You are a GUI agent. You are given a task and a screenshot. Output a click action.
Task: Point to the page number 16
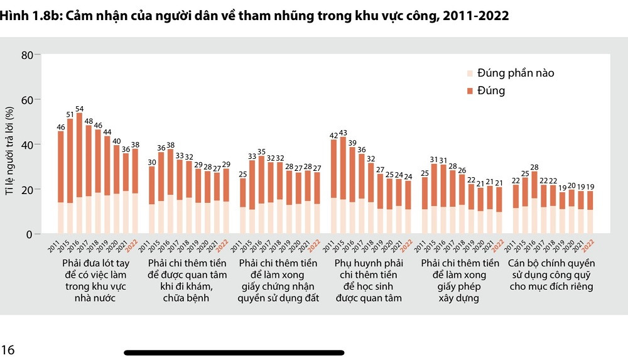(x=8, y=350)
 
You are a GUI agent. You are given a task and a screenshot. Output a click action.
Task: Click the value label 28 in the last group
(x=534, y=167)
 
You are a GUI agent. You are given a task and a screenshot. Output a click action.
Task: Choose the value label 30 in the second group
(x=152, y=162)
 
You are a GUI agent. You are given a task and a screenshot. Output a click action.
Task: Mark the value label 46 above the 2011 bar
(x=61, y=127)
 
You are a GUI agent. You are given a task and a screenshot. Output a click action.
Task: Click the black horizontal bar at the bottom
(x=234, y=353)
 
